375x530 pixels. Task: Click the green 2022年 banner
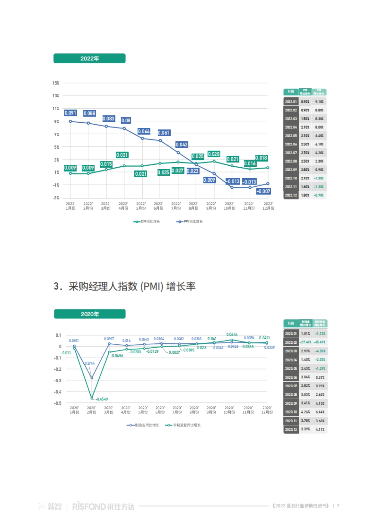tap(89, 58)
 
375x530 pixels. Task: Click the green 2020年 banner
tap(90, 314)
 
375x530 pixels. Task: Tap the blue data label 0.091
tap(70, 113)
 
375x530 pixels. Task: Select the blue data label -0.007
tap(263, 191)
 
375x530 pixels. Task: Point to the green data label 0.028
tap(214, 154)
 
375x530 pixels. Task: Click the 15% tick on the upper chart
tap(56, 83)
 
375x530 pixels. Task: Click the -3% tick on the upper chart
tap(56, 198)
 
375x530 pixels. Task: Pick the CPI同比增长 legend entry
tap(147, 222)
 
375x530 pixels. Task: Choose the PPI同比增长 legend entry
tap(190, 222)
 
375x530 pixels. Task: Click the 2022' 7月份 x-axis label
tap(176, 206)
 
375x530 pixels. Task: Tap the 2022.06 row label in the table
tap(291, 144)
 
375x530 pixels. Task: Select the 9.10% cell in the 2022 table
tap(319, 102)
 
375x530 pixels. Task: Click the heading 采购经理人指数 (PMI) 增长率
tap(124, 287)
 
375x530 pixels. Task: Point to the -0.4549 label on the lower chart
tap(102, 399)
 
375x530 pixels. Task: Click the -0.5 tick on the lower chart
tap(57, 403)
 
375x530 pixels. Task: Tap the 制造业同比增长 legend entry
tap(143, 425)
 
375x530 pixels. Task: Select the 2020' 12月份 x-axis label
tap(267, 410)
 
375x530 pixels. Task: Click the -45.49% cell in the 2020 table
tap(319, 342)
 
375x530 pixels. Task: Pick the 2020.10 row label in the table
tap(291, 412)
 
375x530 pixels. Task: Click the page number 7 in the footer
tap(338, 506)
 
